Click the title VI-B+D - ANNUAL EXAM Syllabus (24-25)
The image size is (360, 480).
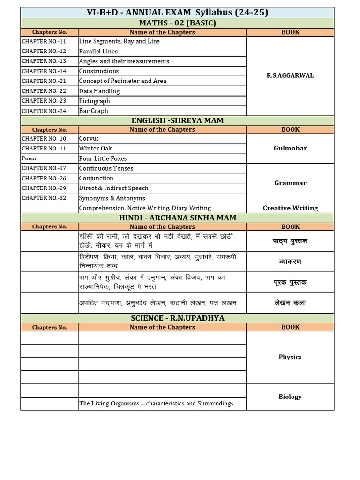pos(177,13)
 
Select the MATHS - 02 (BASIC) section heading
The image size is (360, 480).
pos(177,23)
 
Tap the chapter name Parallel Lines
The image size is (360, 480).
pos(98,52)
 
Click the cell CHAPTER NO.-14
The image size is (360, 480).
pos(44,71)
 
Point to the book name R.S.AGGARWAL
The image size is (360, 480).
pos(290,75)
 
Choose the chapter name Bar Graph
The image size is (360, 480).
pos(94,111)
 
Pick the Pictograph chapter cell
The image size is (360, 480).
pos(95,101)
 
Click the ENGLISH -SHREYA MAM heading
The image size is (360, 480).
pos(177,120)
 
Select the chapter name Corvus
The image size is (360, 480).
pos(89,139)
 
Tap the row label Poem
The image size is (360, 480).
pos(29,158)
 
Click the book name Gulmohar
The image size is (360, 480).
pos(290,148)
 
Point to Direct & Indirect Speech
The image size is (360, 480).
pos(114,188)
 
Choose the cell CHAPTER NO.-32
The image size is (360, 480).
pos(44,198)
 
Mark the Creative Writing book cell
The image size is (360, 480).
pos(290,208)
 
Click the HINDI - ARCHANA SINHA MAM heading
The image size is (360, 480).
pos(177,217)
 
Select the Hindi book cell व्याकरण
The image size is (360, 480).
pos(290,262)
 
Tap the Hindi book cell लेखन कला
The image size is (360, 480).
pos(290,303)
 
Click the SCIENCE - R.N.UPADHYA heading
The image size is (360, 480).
pos(177,318)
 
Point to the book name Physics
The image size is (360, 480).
pos(290,357)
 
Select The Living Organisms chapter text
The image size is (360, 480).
pos(156,404)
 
